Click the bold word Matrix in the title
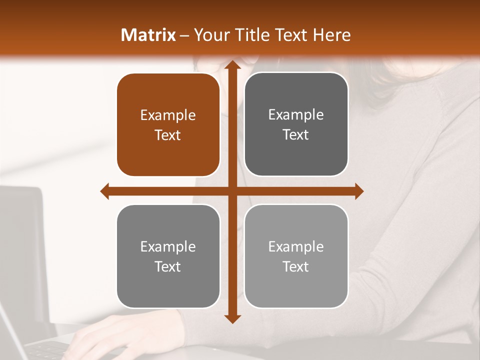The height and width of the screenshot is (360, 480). point(148,35)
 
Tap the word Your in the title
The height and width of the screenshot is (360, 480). point(211,35)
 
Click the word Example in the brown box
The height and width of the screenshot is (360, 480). point(168,115)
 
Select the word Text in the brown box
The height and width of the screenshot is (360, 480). point(168,135)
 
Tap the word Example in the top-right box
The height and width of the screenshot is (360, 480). point(296,115)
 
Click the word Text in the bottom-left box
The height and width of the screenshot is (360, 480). point(168,267)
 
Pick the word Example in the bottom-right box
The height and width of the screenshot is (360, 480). point(296,246)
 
